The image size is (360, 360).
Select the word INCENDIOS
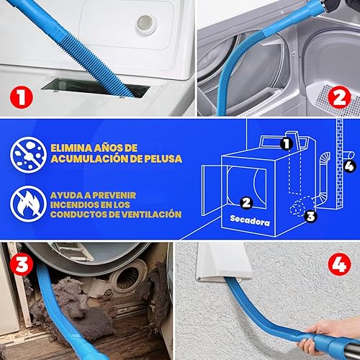click(x=74, y=204)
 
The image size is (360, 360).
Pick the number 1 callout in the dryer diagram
click(x=287, y=143)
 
